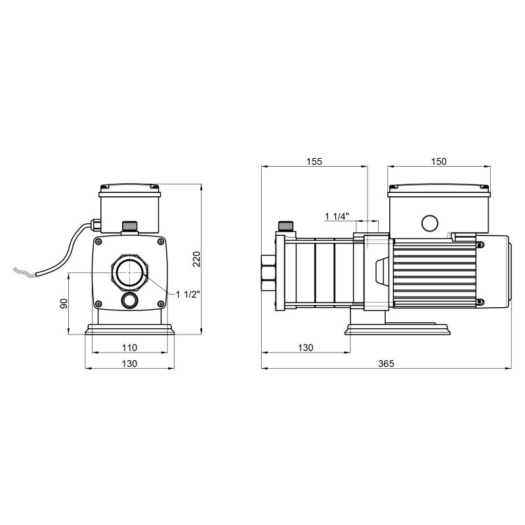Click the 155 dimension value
point(314,162)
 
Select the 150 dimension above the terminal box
point(438,162)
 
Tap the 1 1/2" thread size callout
point(188,294)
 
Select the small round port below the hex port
point(129,301)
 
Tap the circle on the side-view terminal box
point(430,223)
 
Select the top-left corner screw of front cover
point(100,241)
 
